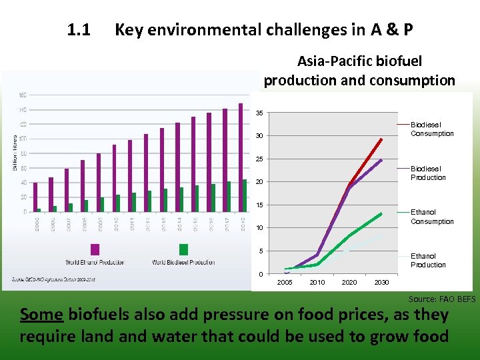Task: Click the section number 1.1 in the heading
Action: pos(79,30)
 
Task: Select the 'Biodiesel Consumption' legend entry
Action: pos(431,129)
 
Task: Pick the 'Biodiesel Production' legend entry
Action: pos(428,173)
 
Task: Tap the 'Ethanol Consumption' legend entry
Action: pos(431,217)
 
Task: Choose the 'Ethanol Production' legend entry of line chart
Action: pos(428,261)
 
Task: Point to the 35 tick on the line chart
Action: pos(259,113)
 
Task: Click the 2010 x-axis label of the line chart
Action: pos(317,283)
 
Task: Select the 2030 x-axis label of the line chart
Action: pos(381,283)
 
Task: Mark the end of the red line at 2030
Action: pos(381,139)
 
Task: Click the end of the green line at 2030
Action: pos(381,213)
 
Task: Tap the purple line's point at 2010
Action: pos(317,254)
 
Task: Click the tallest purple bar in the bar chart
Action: pos(241,157)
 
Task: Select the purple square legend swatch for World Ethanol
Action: pos(95,249)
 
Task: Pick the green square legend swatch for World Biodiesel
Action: pos(183,249)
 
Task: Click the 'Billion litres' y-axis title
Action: pos(15,152)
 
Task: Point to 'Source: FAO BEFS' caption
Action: pos(442,299)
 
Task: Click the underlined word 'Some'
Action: pos(42,314)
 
